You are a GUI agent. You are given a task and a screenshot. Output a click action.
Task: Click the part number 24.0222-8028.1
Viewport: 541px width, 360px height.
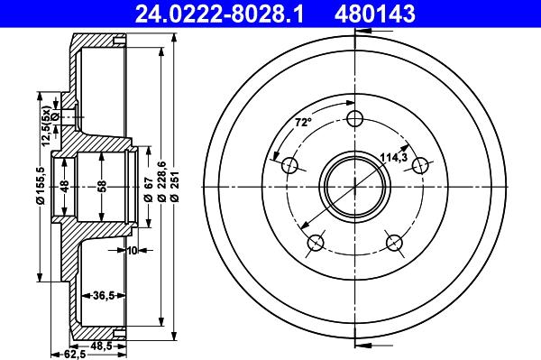click(219, 14)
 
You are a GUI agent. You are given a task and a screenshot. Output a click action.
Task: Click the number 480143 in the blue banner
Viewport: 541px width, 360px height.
click(375, 14)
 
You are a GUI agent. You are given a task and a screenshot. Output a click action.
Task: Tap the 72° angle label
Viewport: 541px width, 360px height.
click(303, 122)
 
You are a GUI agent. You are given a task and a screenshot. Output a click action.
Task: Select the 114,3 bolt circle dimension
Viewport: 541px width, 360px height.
click(394, 157)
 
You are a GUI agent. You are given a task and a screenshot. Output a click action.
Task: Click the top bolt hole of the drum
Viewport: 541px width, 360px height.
click(355, 119)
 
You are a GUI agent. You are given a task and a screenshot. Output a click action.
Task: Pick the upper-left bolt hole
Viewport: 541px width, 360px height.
click(289, 166)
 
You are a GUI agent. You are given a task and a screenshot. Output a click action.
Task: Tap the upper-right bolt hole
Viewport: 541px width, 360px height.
click(420, 166)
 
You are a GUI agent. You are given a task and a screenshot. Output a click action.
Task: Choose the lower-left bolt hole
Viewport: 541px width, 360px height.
click(316, 243)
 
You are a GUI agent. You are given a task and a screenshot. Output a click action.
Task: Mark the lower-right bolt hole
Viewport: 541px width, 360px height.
click(394, 243)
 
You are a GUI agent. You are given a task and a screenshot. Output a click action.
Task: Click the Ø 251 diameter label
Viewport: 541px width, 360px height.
click(175, 187)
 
